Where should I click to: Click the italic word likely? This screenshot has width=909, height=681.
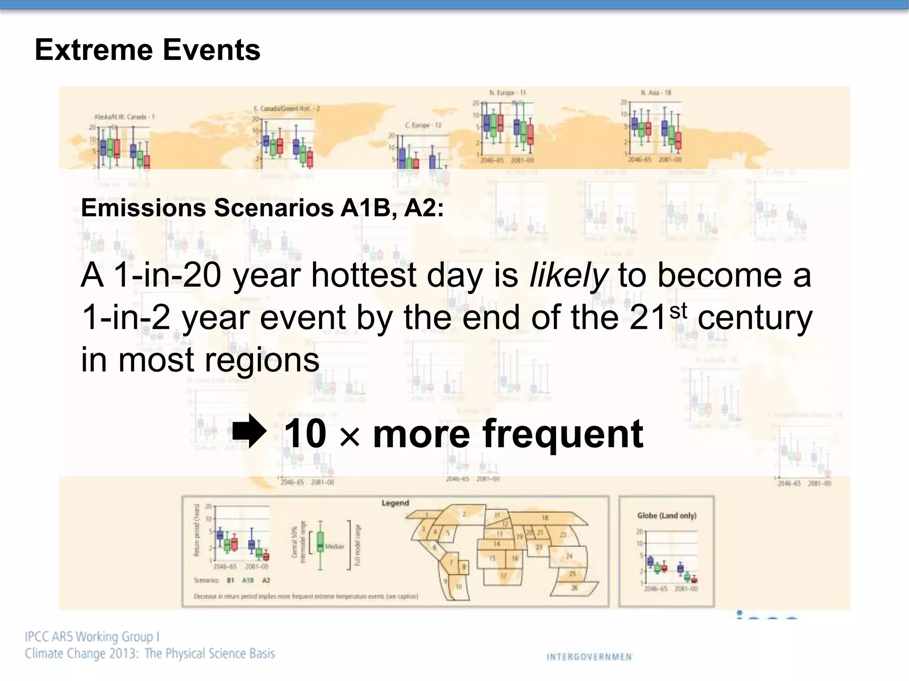pos(569,275)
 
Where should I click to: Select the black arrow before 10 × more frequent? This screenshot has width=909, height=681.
pos(249,431)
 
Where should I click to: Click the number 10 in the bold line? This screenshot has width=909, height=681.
pos(305,433)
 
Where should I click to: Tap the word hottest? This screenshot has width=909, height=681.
pos(364,275)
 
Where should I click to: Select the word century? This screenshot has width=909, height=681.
pos(755,317)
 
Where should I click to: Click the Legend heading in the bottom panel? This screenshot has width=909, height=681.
pos(395,503)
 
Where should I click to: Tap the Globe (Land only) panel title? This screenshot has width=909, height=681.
pos(667,515)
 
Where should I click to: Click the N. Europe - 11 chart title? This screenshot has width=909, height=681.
pos(507,93)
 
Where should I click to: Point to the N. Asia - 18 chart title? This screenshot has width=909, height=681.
pos(656,93)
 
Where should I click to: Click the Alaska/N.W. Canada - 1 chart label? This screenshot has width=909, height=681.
pos(124,117)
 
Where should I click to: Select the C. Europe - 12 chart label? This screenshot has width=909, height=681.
pos(423,125)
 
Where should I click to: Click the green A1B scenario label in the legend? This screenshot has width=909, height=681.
pos(248,580)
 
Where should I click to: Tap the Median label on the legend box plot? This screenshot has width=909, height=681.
pos(334,546)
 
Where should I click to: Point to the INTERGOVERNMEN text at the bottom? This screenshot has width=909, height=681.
pos(589,657)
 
